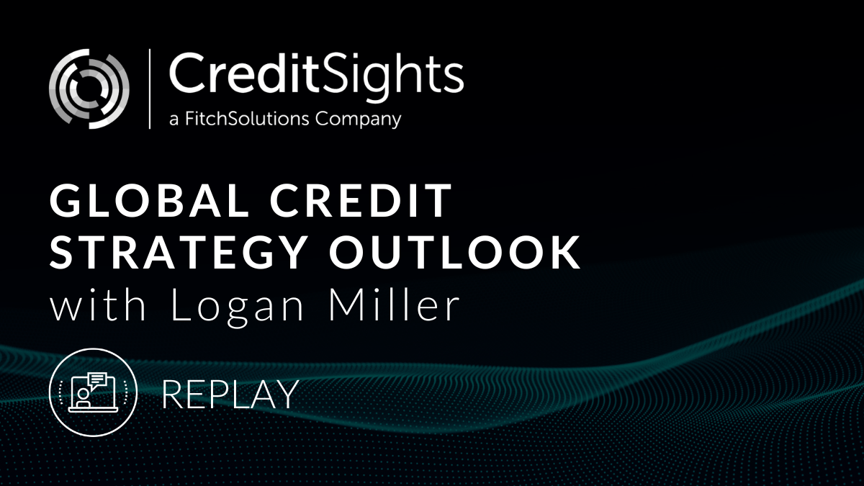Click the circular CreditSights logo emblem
pos(89,89)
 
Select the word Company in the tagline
pos(359,120)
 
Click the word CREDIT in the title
pos(361,201)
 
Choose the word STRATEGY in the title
pos(179,252)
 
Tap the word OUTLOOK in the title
pos(454,252)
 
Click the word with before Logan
pos(98,304)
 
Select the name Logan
pos(237,307)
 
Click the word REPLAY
pos(230,394)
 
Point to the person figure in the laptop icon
pos(83,397)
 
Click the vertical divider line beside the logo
pos(150,89)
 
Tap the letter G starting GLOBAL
pos(66,201)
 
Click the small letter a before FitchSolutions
pos(174,120)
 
